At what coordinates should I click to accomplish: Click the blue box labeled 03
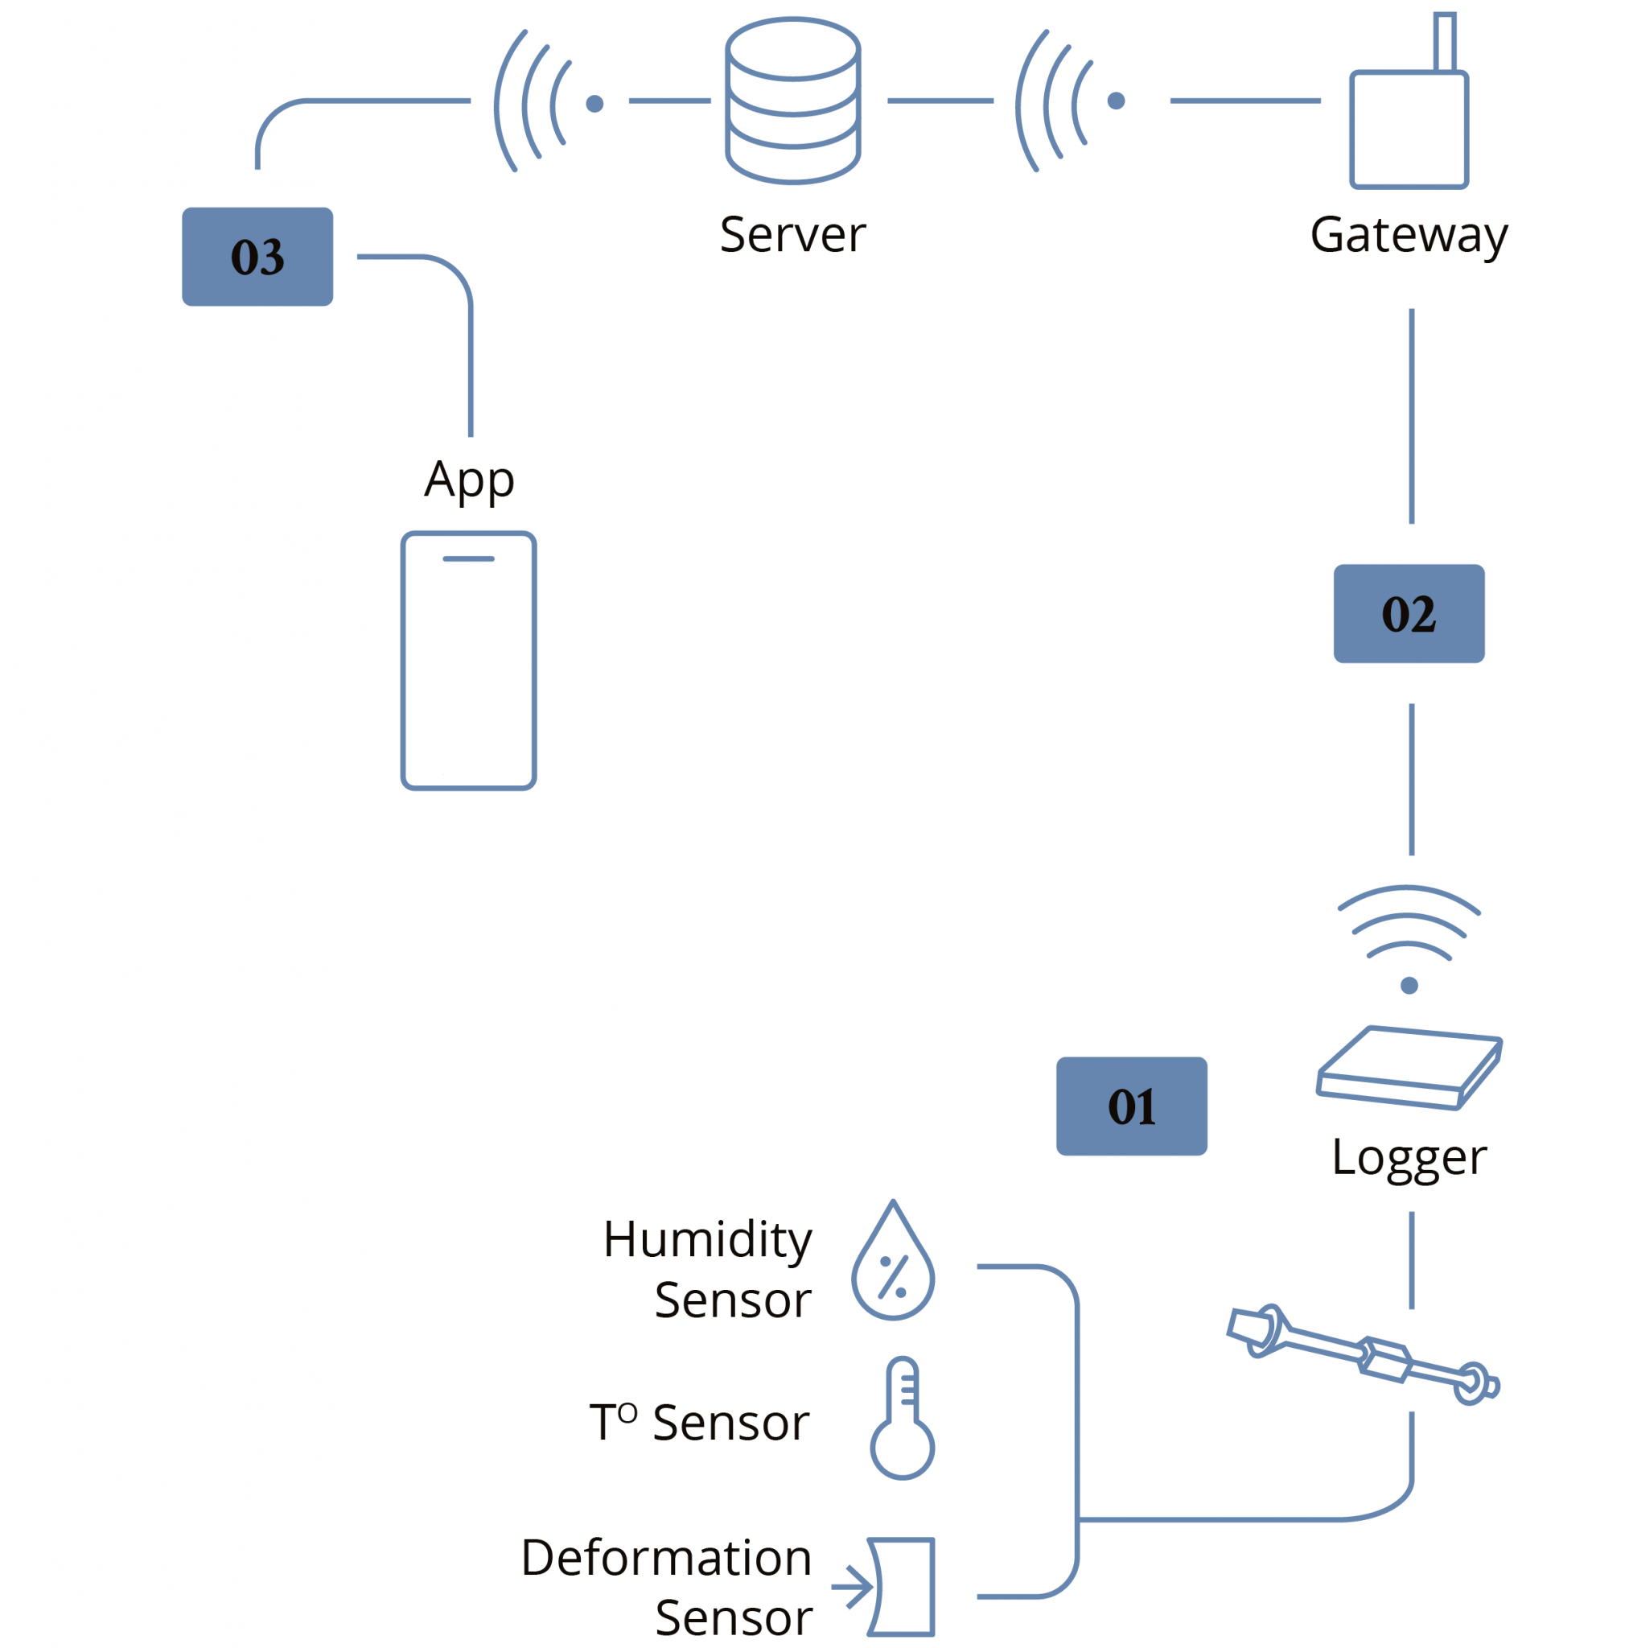[257, 256]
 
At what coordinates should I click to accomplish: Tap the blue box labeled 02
[1408, 612]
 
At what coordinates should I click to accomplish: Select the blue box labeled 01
[1131, 1106]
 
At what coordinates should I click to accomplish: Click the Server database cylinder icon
[792, 101]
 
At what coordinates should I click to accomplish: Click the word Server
[792, 235]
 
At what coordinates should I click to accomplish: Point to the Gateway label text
[1408, 235]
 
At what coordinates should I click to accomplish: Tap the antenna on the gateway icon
[1443, 41]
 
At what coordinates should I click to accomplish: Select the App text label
[469, 480]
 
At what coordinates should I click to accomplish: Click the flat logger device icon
[1407, 1068]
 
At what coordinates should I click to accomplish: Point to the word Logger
[1408, 1157]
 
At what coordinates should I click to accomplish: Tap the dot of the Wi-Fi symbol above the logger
[1408, 985]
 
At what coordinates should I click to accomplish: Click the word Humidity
[707, 1238]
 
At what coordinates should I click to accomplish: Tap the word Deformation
[665, 1558]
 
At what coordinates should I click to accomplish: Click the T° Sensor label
[698, 1422]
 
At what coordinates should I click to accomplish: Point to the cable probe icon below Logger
[1361, 1353]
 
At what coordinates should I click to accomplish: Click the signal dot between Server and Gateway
[1116, 101]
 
